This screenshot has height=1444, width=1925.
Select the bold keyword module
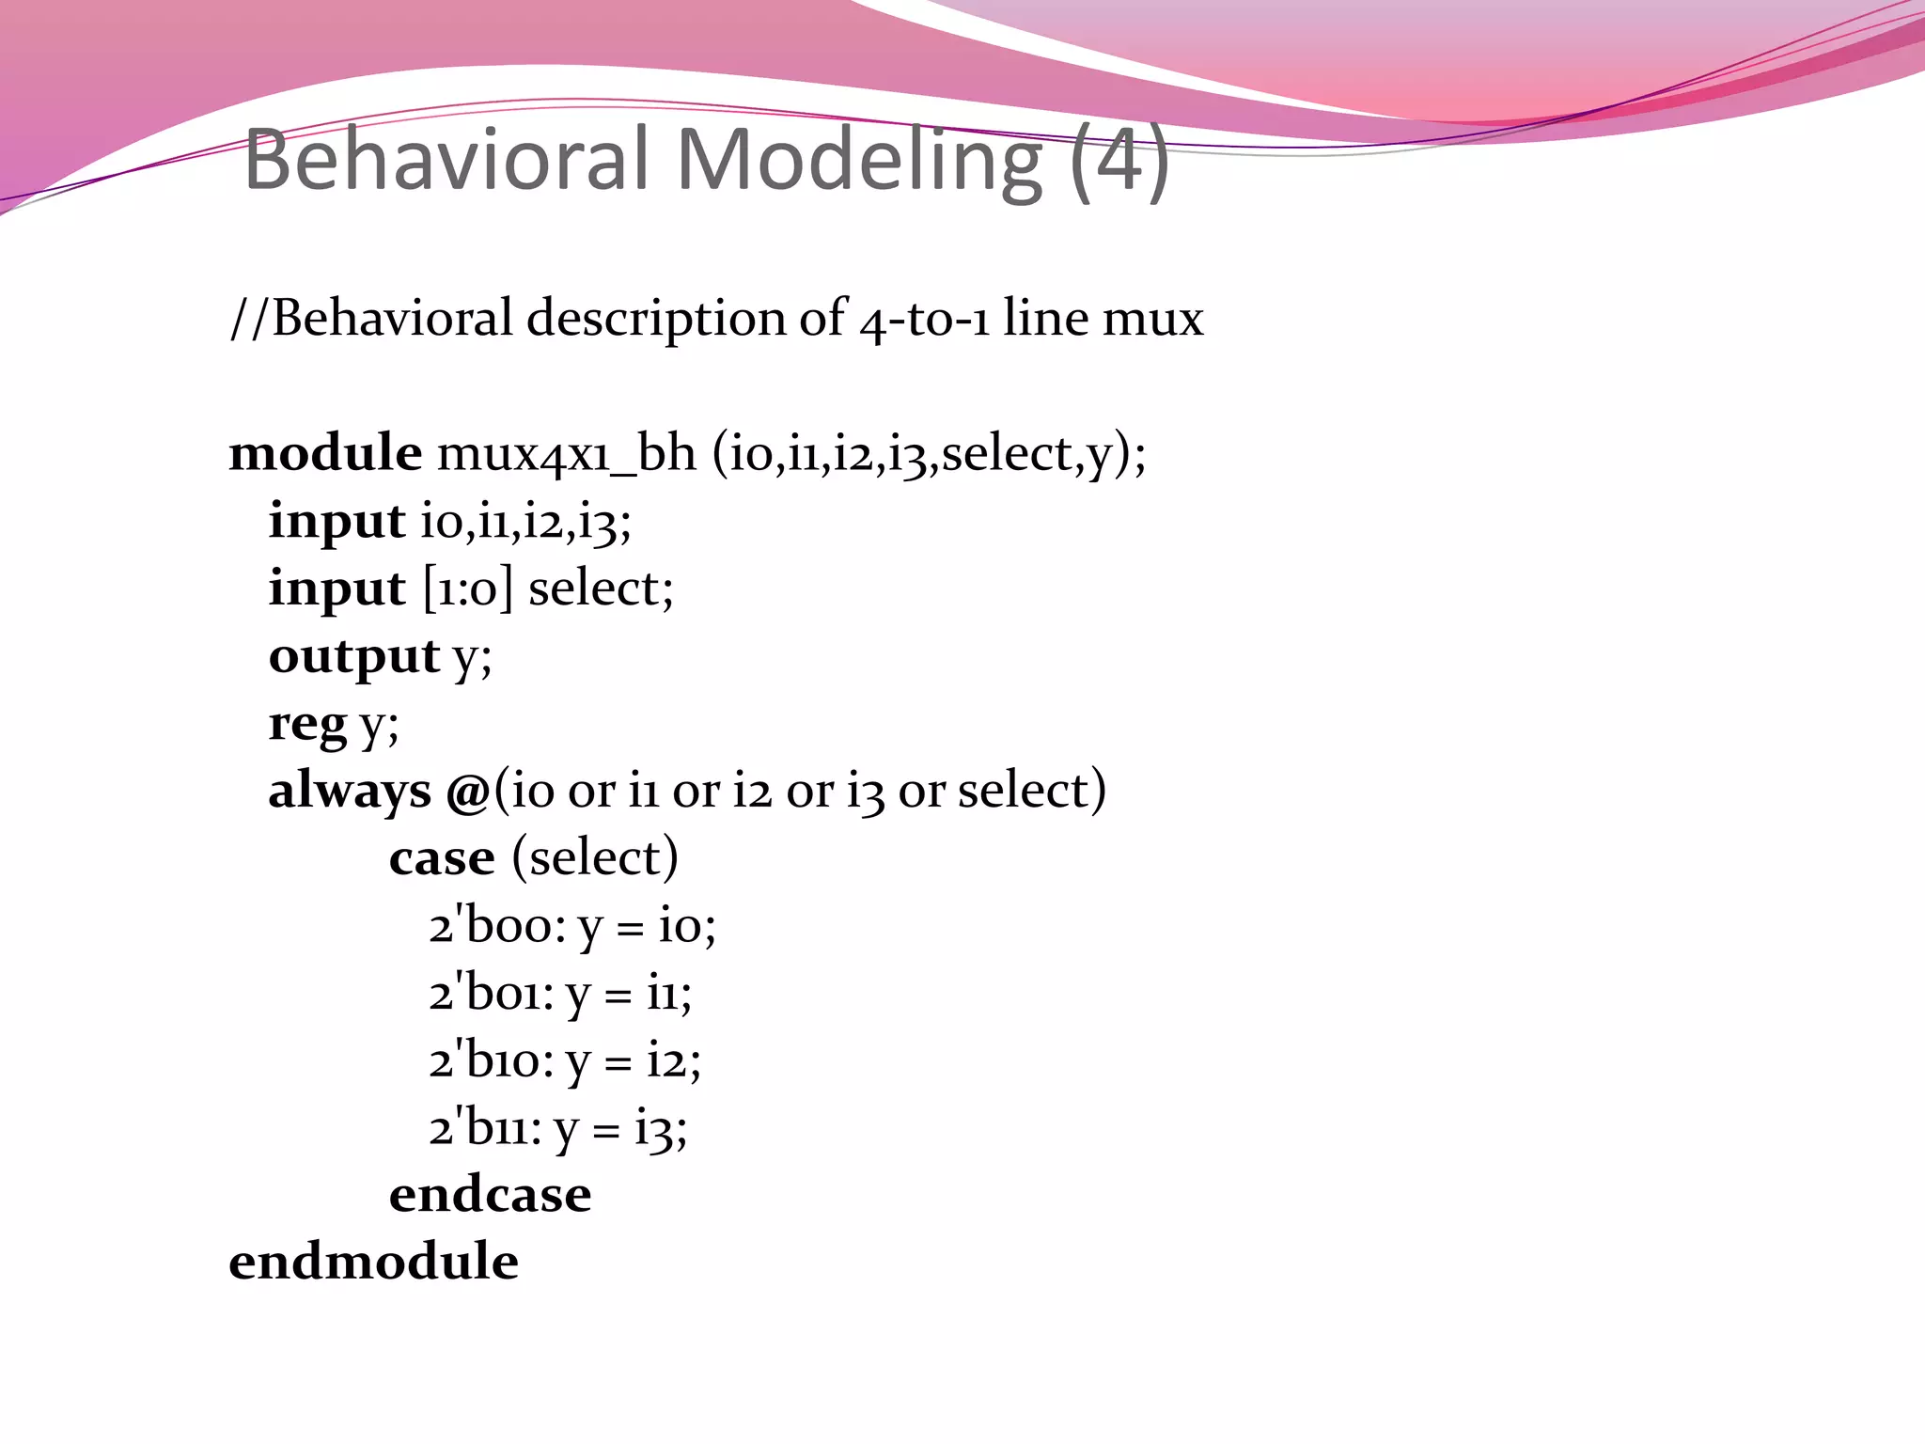(x=325, y=453)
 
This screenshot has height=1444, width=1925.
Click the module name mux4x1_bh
(x=566, y=454)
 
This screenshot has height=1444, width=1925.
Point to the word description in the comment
(x=656, y=320)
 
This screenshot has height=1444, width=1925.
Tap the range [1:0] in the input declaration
(x=468, y=589)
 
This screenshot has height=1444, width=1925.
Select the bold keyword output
(x=353, y=657)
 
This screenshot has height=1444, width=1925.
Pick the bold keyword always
(x=350, y=791)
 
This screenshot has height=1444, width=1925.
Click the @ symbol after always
(x=467, y=792)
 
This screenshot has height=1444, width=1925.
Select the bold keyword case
(x=442, y=858)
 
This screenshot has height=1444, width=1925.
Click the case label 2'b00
(x=497, y=926)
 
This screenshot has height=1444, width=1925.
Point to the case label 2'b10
(x=491, y=1061)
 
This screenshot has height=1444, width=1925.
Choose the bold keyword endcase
(x=490, y=1195)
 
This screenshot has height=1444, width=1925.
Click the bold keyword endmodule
(x=373, y=1263)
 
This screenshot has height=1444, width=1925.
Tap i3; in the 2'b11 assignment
(x=661, y=1129)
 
